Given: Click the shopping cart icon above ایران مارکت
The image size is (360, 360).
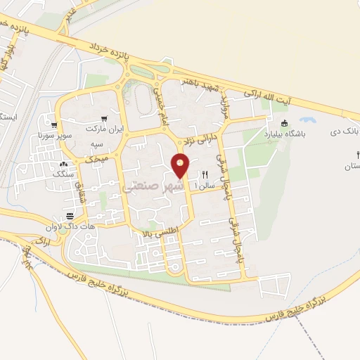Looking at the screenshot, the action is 104,119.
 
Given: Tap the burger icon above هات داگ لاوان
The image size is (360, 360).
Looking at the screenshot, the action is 70,215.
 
